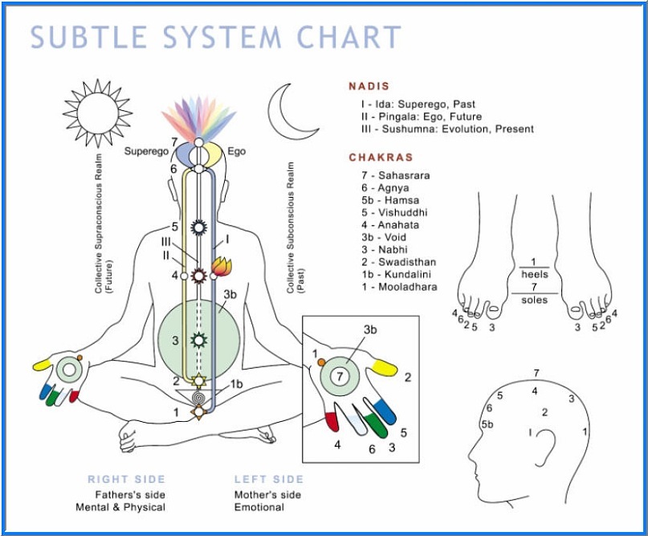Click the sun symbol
click(97, 113)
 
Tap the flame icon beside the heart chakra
click(222, 266)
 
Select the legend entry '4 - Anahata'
click(390, 225)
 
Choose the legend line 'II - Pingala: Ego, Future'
click(421, 117)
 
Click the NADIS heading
click(369, 87)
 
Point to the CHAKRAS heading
click(381, 158)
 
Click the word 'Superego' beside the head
click(146, 151)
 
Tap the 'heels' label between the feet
click(534, 274)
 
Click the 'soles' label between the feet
click(534, 300)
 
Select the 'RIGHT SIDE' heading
click(126, 479)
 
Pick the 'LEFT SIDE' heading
click(269, 479)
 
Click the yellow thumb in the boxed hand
click(385, 367)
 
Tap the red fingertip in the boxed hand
click(332, 422)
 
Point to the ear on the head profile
click(546, 445)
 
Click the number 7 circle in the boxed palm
click(340, 376)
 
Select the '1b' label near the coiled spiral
click(236, 384)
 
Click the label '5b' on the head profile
click(487, 424)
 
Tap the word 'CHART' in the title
click(349, 37)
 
